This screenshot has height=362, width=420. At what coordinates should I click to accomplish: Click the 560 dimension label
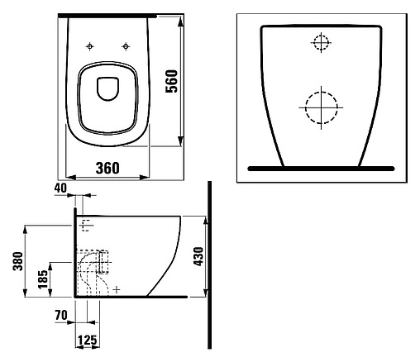click(x=171, y=81)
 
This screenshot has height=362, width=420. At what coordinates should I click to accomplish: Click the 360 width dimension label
click(x=107, y=168)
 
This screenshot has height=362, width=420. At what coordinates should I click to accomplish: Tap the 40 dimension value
click(x=60, y=188)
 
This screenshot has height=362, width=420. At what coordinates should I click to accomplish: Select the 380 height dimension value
click(x=18, y=261)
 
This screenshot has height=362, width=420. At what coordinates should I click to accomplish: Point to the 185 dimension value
click(x=43, y=279)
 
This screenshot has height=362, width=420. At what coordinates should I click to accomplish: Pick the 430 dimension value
click(x=198, y=256)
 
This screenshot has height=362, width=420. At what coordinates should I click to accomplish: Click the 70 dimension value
click(x=61, y=315)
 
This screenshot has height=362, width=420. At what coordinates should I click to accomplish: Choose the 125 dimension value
click(x=88, y=341)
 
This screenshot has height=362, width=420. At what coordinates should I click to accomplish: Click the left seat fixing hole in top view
click(x=90, y=46)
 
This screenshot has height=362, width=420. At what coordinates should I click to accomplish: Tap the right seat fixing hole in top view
click(x=126, y=46)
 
